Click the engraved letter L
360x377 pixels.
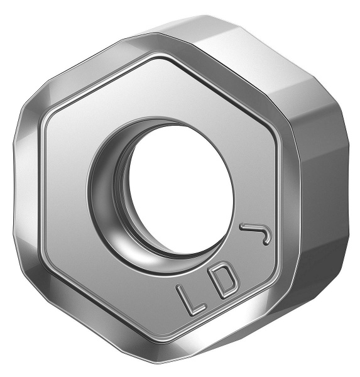point(188,300)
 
